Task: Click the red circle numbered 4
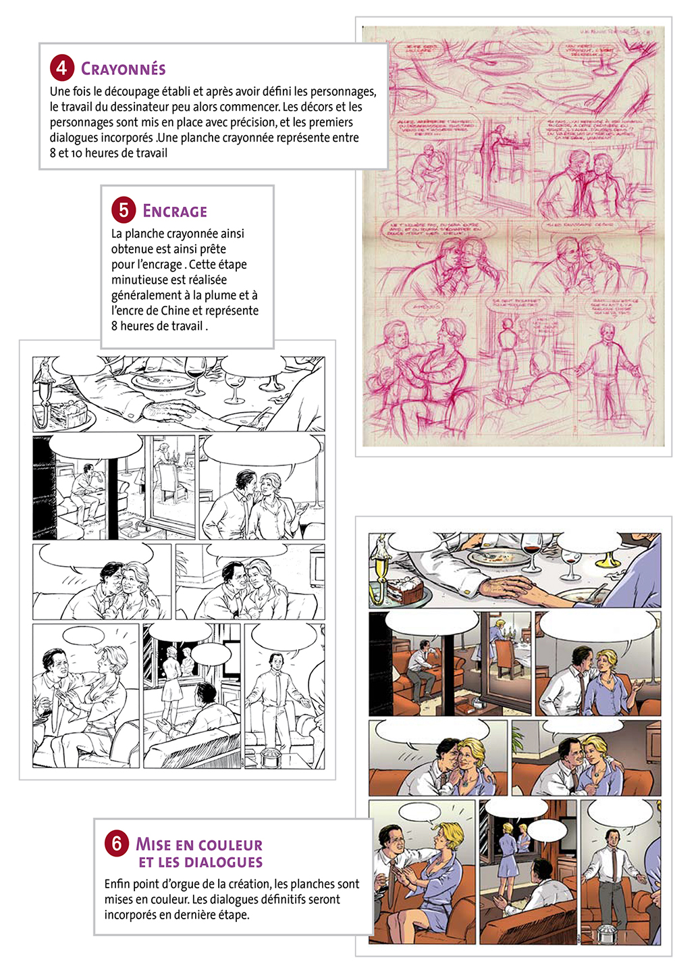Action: click(61, 68)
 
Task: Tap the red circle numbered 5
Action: click(124, 210)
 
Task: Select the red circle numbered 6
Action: click(117, 843)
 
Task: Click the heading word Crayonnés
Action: click(124, 69)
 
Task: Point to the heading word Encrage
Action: click(175, 211)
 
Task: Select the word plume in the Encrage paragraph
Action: click(214, 295)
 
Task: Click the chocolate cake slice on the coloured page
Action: click(405, 589)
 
